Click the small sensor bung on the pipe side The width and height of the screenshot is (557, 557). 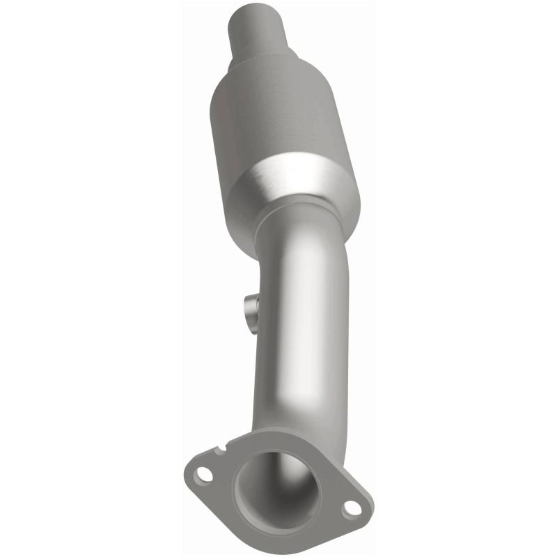(250, 307)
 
